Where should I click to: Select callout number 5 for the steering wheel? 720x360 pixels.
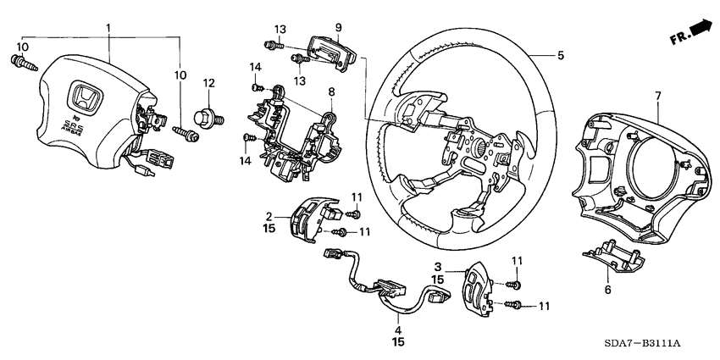tap(560, 56)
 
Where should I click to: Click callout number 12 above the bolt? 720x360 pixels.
tap(208, 82)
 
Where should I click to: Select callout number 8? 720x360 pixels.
tap(331, 91)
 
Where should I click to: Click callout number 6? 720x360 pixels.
tap(606, 289)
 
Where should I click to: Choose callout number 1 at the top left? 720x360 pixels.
tap(108, 29)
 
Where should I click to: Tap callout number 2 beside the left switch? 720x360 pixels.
tap(269, 216)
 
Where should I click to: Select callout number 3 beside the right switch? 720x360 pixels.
tap(438, 267)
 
